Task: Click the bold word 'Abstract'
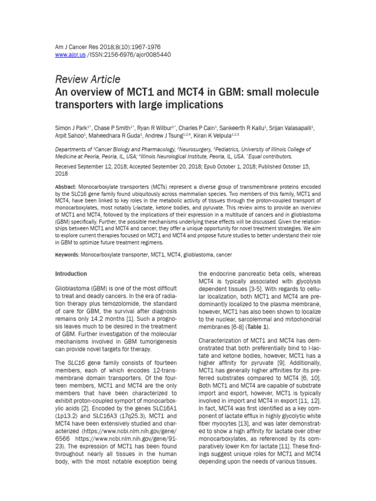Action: pos(65,188)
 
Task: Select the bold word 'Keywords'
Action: pos(67,255)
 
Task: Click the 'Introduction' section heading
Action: pos(71,274)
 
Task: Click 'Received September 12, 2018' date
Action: pos(92,166)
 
